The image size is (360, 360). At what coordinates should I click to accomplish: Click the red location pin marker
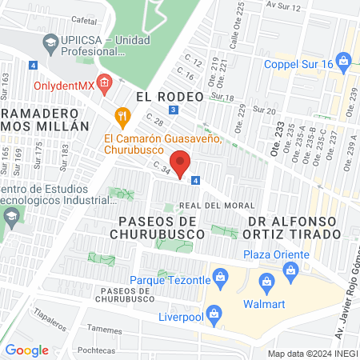pos(182,164)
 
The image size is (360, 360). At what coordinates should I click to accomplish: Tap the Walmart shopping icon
pos(267,279)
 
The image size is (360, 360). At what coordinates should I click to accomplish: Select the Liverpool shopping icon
pos(213,315)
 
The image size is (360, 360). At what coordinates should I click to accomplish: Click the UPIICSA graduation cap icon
pos(50,41)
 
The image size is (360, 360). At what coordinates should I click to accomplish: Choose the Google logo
pos(26,350)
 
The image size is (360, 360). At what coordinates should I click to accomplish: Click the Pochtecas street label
pos(95,350)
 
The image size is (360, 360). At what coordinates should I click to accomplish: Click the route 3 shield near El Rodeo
pos(174,110)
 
